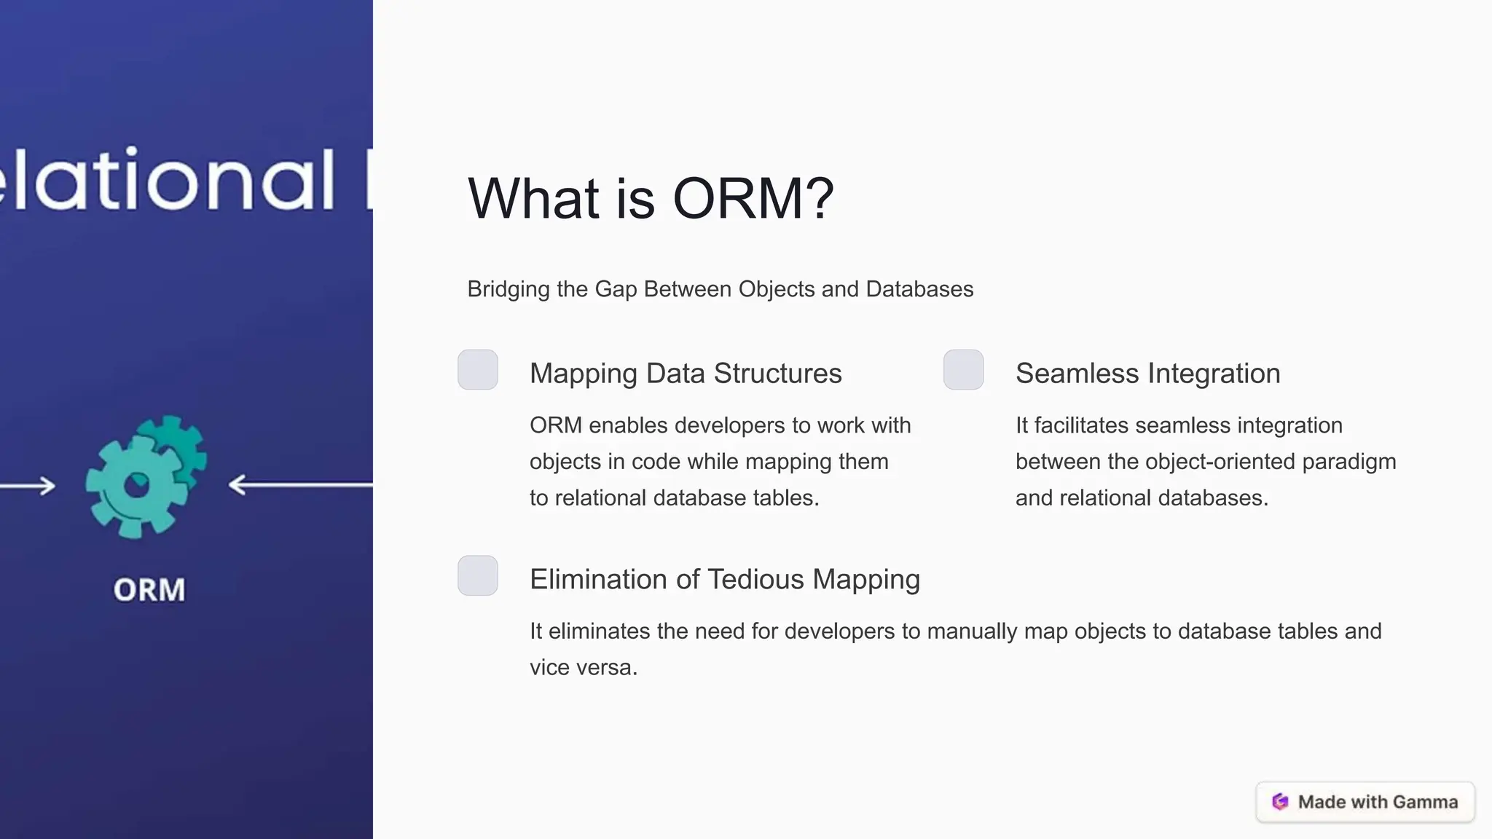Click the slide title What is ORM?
click(650, 198)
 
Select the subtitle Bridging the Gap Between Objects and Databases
click(720, 289)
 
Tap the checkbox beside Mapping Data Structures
click(478, 370)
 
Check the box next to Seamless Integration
click(963, 370)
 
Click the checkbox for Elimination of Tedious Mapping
click(478, 575)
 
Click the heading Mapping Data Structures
click(685, 374)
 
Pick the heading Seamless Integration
click(1147, 374)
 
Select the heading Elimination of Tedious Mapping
click(724, 580)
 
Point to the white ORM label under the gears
click(149, 590)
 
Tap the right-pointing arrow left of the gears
click(29, 486)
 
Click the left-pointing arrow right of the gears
click(299, 484)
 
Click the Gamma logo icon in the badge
click(1280, 802)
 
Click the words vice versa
click(583, 668)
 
